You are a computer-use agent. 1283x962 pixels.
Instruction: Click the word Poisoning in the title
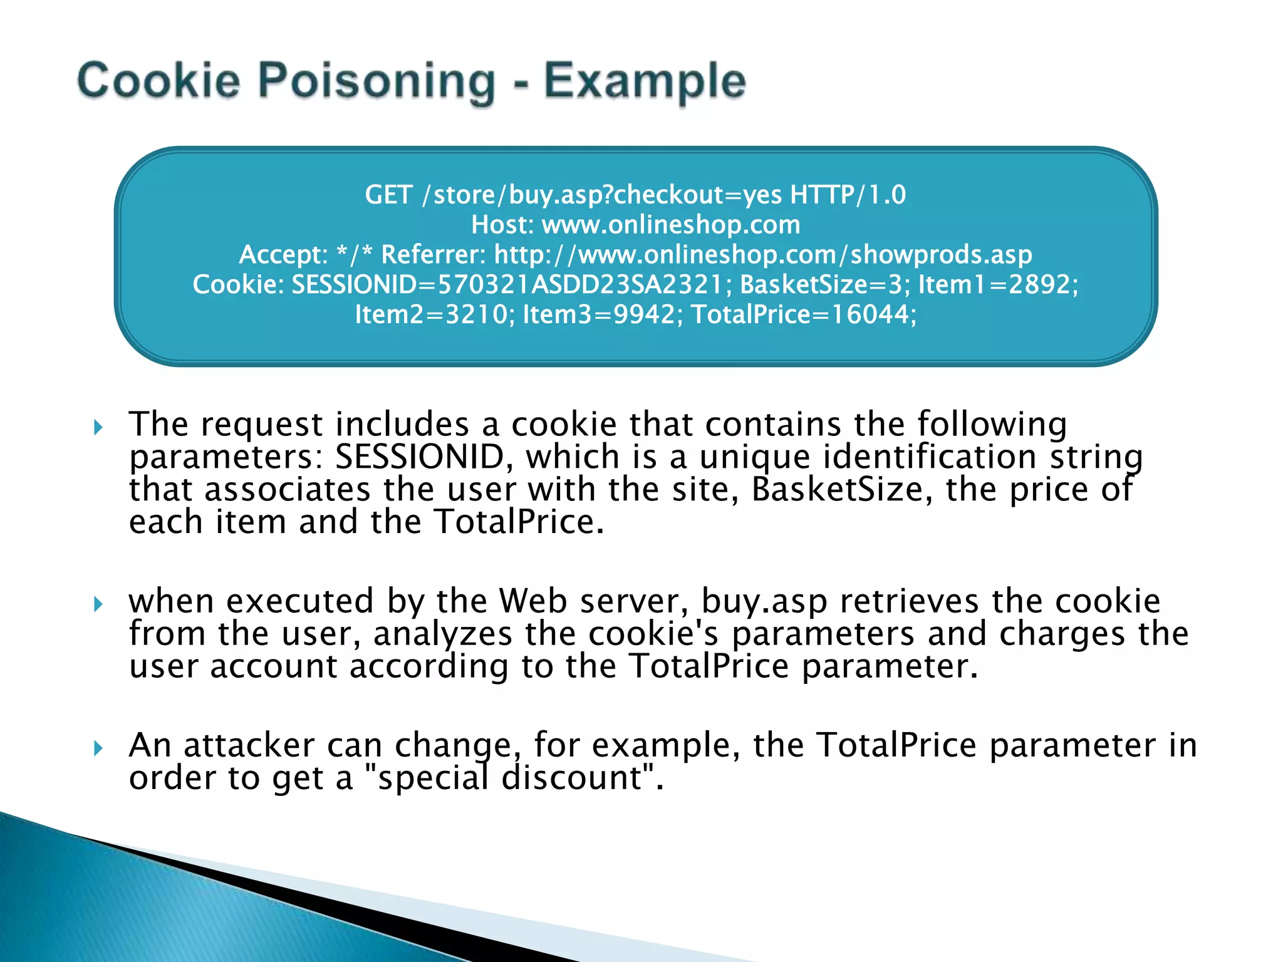[377, 82]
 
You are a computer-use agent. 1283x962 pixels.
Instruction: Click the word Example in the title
[645, 82]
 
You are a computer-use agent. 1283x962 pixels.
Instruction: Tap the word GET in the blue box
[388, 195]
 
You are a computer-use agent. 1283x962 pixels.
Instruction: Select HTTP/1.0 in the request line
[848, 195]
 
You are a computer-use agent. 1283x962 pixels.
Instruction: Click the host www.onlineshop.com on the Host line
[671, 225]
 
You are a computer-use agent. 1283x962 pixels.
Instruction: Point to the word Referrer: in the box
[433, 254]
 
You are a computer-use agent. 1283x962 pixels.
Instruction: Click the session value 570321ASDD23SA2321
[579, 284]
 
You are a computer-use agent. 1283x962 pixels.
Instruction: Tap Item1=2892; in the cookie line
[998, 284]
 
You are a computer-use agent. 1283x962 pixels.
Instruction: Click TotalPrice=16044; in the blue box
[804, 314]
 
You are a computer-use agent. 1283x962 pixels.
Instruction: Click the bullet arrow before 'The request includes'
[98, 428]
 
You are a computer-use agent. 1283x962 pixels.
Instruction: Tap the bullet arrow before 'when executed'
[98, 604]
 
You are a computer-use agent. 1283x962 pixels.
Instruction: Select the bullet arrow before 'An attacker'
[98, 748]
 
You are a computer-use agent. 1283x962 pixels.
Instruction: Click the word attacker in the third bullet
[249, 745]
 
